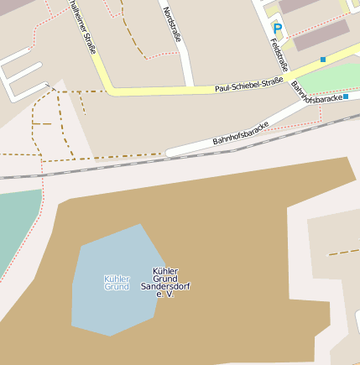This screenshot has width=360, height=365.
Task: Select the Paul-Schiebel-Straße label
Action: point(249,85)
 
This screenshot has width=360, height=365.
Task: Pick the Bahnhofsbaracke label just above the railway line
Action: point(241,131)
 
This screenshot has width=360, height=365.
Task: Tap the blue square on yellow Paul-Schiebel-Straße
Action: point(323,60)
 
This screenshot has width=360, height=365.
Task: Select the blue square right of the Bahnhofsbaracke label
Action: point(346,96)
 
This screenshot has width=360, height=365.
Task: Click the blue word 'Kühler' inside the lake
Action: point(117,278)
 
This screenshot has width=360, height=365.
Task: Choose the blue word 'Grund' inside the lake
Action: point(117,287)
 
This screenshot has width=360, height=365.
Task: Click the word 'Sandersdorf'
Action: point(165,287)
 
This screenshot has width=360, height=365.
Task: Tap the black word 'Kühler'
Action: point(165,270)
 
